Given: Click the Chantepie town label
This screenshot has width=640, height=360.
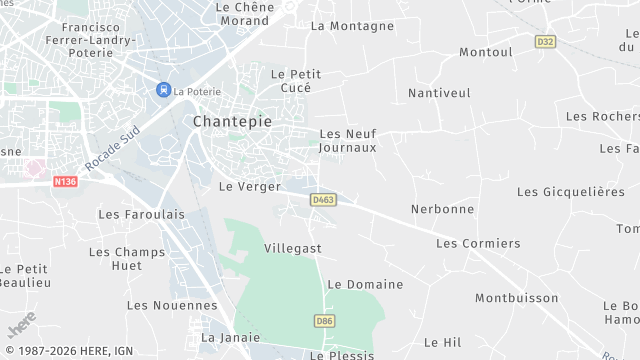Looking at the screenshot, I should [x=230, y=121].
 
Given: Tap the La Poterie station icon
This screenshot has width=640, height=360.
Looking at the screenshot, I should [x=162, y=90].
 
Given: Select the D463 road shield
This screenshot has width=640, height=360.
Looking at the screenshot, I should [x=323, y=200].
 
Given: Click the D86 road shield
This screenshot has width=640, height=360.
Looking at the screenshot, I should [x=323, y=321].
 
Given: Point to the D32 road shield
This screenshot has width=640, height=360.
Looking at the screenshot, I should [x=545, y=42].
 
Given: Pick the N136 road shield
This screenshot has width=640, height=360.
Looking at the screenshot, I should [x=65, y=181].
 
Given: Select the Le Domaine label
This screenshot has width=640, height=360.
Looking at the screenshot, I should [x=365, y=284].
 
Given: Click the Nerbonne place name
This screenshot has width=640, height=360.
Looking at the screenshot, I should [x=442, y=209].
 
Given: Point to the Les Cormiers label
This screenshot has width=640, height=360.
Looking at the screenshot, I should [x=478, y=243].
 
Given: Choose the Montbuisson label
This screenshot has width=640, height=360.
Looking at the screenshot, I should [x=516, y=298].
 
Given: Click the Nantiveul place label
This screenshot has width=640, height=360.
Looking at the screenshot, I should [x=439, y=93].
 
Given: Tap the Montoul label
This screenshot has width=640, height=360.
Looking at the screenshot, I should [x=485, y=52].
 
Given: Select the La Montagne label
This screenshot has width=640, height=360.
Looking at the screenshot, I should [x=352, y=26].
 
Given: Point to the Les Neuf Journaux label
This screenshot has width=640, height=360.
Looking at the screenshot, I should [x=347, y=140].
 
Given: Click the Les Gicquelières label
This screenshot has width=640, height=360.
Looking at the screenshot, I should [x=570, y=192].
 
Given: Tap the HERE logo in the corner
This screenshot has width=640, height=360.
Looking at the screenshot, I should [x=21, y=326].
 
